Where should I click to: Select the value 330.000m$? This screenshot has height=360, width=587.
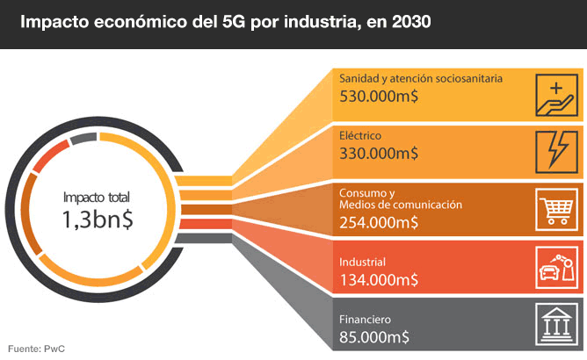click(379, 153)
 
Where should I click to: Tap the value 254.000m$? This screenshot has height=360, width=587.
click(380, 221)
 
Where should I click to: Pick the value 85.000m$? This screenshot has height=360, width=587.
click(374, 336)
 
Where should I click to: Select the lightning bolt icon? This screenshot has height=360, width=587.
click(556, 151)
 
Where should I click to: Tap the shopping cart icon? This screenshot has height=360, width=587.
click(556, 211)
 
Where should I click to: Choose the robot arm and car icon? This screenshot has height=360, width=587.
click(556, 268)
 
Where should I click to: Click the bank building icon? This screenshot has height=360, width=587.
click(556, 326)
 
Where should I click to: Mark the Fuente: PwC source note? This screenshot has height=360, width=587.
click(37, 349)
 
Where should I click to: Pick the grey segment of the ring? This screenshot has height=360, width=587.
click(83, 138)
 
